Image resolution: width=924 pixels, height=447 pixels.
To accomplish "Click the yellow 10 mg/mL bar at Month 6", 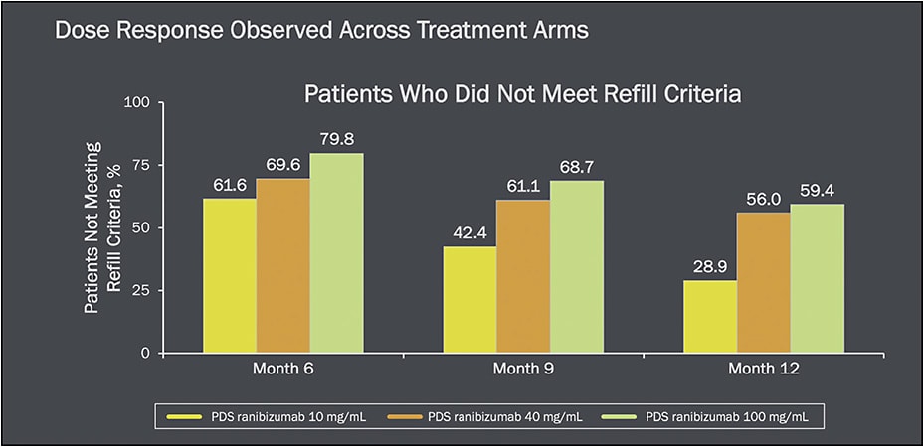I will click(x=229, y=275).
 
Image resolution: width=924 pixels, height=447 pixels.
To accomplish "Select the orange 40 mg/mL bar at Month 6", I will click(x=282, y=265).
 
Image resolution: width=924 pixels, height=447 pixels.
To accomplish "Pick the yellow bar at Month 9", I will click(x=468, y=299).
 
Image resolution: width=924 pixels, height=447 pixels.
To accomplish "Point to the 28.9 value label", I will click(x=709, y=267).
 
